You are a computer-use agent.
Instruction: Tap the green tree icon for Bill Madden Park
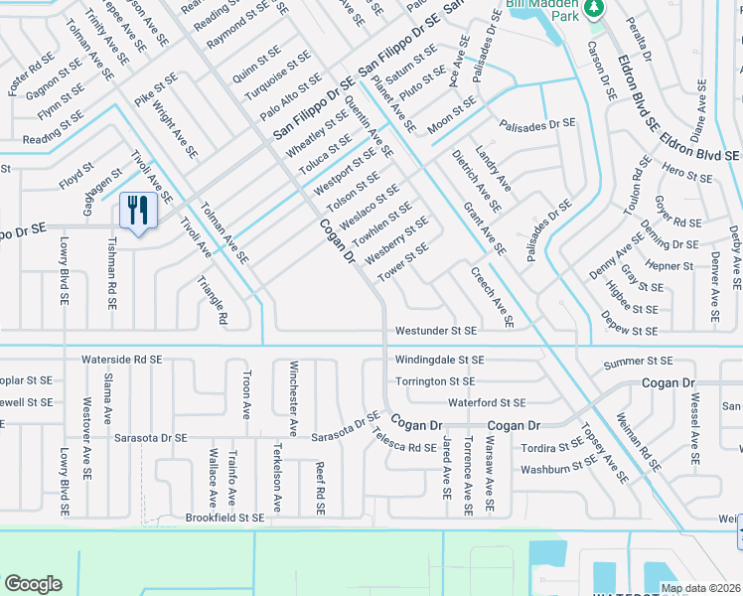[594, 9]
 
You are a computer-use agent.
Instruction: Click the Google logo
[33, 584]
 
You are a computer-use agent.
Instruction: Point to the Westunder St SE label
[436, 330]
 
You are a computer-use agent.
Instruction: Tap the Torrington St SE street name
[435, 380]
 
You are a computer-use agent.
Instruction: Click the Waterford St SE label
[486, 402]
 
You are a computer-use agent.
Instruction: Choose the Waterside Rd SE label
[122, 359]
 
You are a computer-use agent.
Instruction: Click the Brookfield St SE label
[225, 518]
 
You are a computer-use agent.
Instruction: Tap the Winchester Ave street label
[292, 397]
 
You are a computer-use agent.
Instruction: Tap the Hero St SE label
[686, 174]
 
